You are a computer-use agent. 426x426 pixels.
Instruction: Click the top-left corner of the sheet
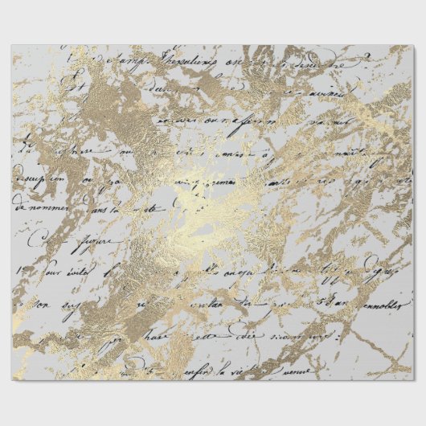pos(12,46)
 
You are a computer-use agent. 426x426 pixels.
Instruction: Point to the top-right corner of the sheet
pos(412,46)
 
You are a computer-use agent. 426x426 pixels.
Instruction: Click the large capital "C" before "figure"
pos(33,238)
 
